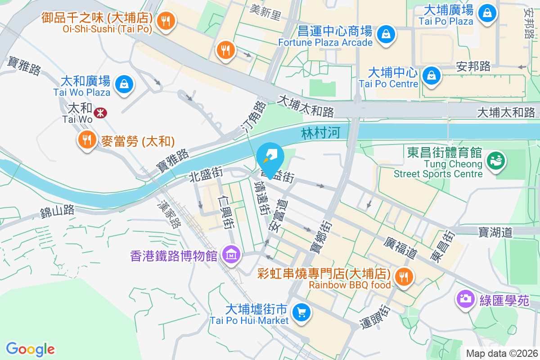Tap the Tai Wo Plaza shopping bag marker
click(123, 84)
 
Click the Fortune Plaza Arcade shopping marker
click(386, 34)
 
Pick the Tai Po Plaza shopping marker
click(487, 13)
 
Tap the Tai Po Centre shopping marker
click(431, 75)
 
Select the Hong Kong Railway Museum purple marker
click(231, 255)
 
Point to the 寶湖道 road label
click(495, 232)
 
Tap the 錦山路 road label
click(57, 211)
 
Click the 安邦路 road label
click(473, 67)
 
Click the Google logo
click(30, 349)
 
